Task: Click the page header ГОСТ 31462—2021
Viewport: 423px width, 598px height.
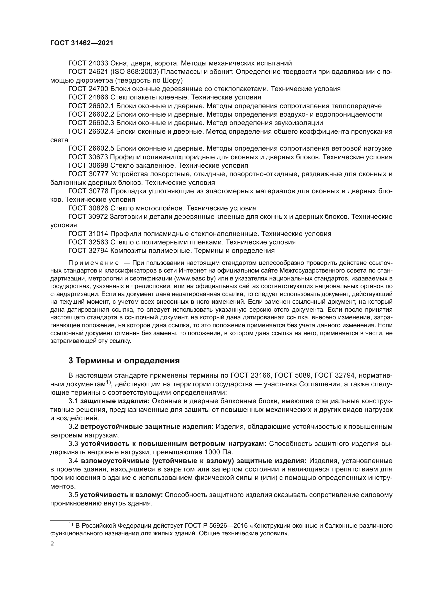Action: click(x=82, y=43)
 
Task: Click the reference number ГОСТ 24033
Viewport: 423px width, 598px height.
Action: click(x=88, y=63)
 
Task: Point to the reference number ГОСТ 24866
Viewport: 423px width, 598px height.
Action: click(x=88, y=97)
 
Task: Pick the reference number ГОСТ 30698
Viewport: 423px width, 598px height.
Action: click(x=88, y=166)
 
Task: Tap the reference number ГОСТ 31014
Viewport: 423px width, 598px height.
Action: click(x=88, y=234)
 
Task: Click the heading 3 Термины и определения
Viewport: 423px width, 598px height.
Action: click(x=124, y=361)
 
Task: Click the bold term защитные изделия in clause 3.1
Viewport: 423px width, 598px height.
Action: click(x=115, y=401)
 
